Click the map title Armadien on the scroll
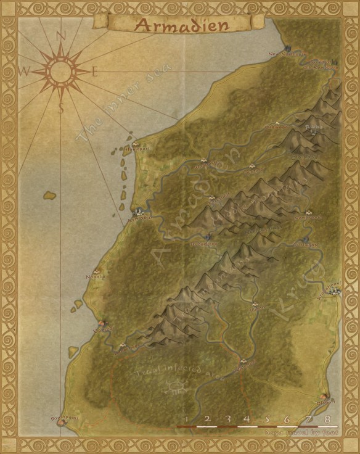181,25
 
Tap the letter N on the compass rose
60,36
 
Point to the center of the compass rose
60,72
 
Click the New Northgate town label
295,54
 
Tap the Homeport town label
134,149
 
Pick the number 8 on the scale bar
327,419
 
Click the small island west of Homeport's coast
50,196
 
